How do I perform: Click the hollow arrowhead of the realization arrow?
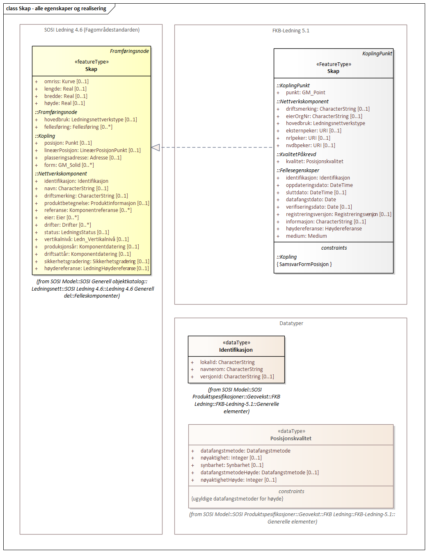coord(156,147)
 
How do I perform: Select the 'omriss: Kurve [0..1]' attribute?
coord(66,82)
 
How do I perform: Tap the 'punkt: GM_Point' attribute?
coord(305,93)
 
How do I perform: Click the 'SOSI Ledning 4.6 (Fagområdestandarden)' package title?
coord(92,30)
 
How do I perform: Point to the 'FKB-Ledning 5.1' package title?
coord(291,31)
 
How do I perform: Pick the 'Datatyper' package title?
coord(291,323)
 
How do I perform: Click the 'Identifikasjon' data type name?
coord(236,350)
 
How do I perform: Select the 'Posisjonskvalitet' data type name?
coord(291,439)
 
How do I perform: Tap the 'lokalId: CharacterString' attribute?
coord(227,362)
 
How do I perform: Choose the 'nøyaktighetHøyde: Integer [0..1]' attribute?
coord(238,480)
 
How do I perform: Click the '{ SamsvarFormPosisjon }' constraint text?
coord(304,264)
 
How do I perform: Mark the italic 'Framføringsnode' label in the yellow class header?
coord(129,51)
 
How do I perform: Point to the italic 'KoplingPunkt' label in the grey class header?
coord(377,54)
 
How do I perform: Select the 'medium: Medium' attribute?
coord(306,236)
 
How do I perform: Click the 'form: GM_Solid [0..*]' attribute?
coord(69,165)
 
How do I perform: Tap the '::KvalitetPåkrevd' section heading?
coord(296,155)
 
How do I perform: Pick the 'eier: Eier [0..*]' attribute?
coord(61,218)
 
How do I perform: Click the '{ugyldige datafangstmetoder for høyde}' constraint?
coord(237,499)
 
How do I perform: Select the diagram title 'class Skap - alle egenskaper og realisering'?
coord(56,9)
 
